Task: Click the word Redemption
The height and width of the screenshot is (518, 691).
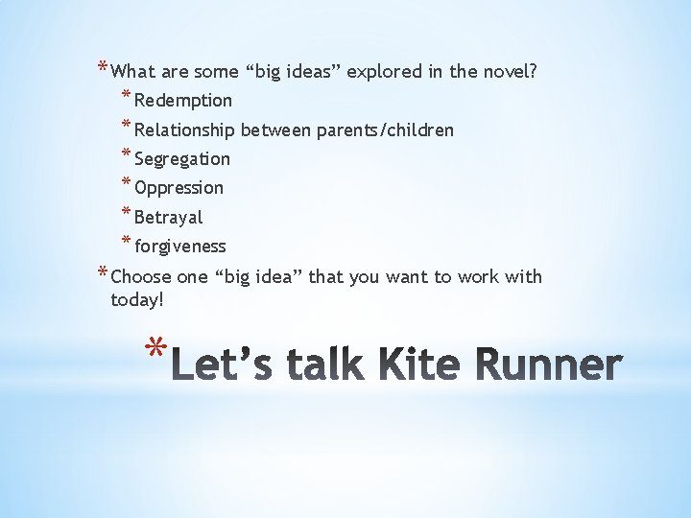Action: (183, 101)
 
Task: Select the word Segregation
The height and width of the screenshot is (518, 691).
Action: (182, 159)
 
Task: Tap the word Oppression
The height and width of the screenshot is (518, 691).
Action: (179, 188)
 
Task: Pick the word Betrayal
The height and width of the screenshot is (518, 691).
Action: (169, 218)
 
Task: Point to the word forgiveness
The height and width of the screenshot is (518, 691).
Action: (180, 247)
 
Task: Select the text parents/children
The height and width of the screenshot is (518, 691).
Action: (384, 129)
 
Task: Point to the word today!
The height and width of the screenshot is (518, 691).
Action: (137, 300)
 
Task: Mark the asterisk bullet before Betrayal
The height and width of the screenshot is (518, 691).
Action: (127, 214)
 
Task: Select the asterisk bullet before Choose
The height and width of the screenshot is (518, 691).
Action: (103, 274)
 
